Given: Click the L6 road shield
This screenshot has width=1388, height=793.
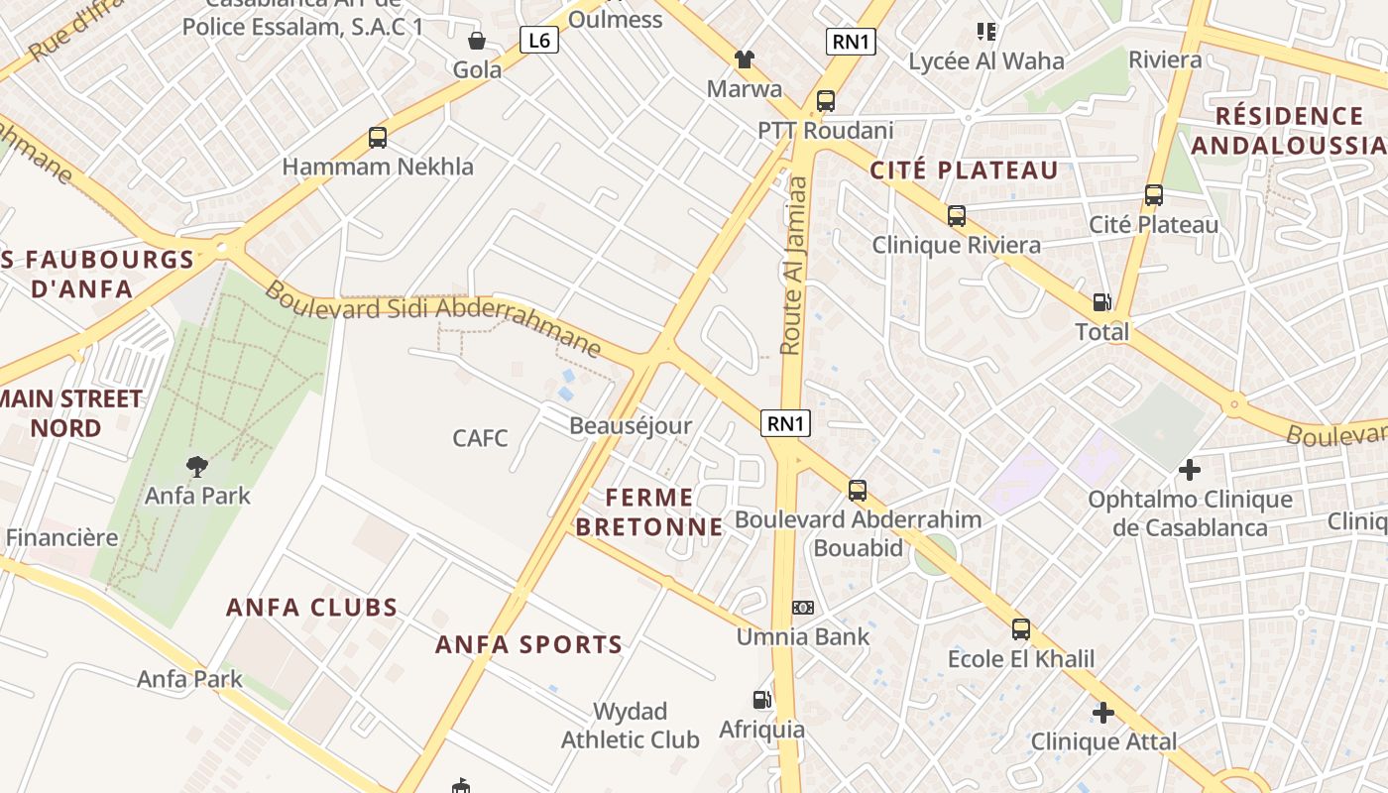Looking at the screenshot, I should coord(539,40).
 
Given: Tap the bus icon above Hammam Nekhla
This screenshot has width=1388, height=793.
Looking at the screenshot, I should coord(377,138).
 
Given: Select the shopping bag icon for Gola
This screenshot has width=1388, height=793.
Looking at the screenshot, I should coord(477,41).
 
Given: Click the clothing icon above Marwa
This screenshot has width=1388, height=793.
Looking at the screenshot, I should coord(744,59).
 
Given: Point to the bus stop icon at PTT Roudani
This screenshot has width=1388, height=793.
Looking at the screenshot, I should coord(825,101).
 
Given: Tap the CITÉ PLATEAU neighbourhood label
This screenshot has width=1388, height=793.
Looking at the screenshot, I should coord(964,170).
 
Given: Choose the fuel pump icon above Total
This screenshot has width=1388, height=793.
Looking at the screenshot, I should coord(1101,302).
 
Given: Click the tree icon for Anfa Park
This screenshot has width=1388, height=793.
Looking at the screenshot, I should coord(197,466).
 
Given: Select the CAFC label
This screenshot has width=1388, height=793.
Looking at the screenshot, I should coord(480,437).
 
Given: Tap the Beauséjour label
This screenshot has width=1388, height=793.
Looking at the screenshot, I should coord(631,425).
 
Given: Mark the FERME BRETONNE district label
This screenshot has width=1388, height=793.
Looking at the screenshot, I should coord(649,511).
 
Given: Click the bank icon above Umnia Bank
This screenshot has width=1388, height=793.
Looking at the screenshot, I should coord(802,608).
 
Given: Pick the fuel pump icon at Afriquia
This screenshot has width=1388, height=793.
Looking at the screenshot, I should coord(761,700).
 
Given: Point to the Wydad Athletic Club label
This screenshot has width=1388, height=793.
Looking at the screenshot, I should coord(631,726).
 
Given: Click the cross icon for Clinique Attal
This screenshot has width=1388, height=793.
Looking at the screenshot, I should coord(1102,713).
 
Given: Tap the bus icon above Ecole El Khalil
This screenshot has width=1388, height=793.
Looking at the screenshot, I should coord(1020,629).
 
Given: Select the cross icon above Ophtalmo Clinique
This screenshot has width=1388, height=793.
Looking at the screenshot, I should coord(1190,470).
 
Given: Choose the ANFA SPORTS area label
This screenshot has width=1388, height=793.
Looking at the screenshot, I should coord(529,644).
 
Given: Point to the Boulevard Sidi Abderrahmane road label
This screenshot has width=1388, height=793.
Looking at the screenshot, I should coord(433,319).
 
